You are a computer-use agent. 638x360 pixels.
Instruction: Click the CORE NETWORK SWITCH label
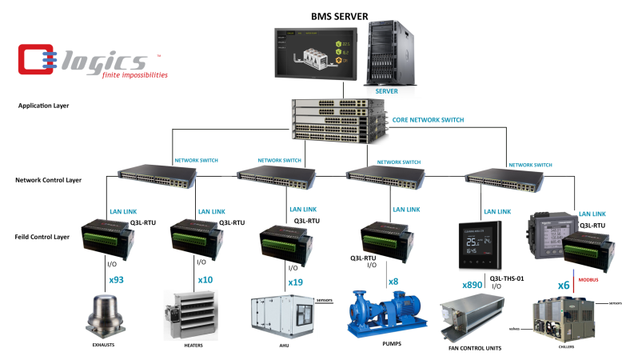tap(428, 120)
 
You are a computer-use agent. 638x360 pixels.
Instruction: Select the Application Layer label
tap(46, 105)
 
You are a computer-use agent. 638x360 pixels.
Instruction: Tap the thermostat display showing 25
tap(484, 243)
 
